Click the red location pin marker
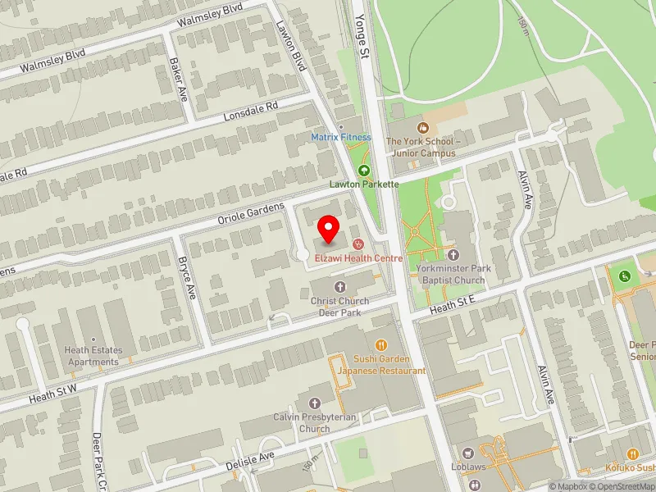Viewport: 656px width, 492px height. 329,230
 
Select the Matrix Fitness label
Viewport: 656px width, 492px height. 340,137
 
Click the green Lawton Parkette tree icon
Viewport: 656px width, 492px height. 364,171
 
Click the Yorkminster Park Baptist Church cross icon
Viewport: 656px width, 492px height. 453,254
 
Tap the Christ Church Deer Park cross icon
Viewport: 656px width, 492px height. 340,285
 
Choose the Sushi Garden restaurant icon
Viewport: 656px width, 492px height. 380,344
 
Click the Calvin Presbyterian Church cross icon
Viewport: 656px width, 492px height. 314,403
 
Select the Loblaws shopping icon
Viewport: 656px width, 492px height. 468,453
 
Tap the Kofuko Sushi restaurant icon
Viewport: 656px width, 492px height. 632,453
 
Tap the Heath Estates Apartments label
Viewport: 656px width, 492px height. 93,356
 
